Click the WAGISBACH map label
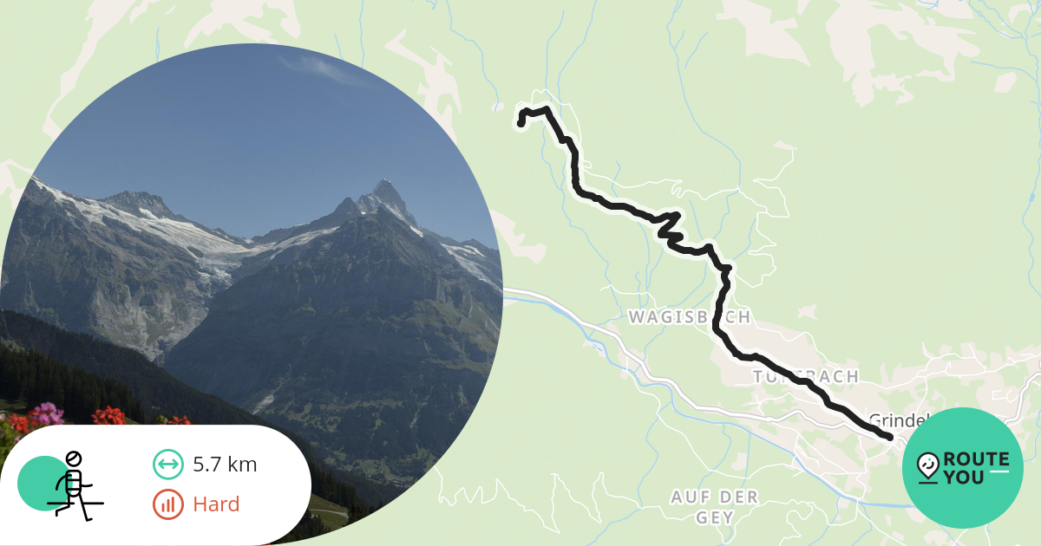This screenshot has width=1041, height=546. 689,318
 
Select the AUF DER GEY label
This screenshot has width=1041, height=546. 714,507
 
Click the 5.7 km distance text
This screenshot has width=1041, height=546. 225,465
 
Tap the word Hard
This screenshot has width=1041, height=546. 216,504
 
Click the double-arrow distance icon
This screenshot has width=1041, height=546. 167,465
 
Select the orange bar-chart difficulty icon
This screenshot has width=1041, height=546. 167,504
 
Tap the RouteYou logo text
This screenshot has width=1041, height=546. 976,468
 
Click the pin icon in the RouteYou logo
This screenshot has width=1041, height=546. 927,467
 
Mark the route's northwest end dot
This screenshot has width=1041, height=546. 520,124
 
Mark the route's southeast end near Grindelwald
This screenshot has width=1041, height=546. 889,437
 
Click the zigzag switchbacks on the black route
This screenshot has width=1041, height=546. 670,227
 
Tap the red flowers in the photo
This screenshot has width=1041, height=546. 108,416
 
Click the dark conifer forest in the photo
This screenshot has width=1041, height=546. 52,364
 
